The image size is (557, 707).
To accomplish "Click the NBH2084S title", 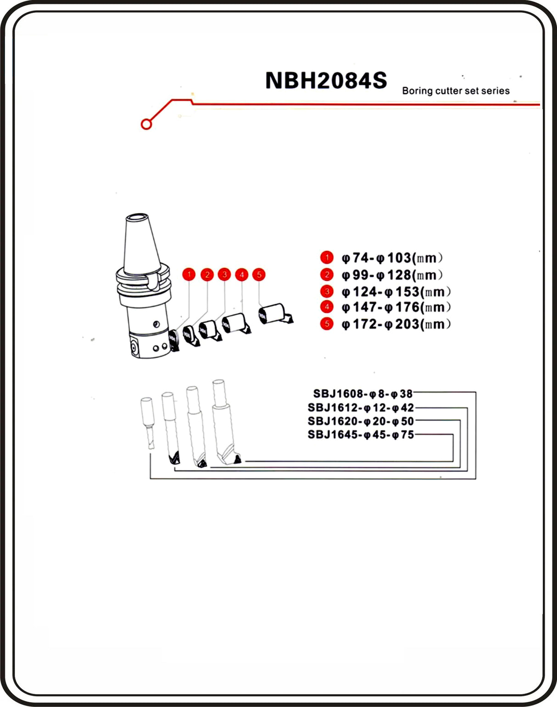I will tap(326, 81).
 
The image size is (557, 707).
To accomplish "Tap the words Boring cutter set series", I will tap(456, 91).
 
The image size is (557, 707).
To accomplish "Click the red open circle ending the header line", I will tap(146, 124).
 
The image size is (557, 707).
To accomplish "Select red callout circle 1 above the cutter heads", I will tap(189, 274).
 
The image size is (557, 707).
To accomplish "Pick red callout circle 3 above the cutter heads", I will tap(224, 274).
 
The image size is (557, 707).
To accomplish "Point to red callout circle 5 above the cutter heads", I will tap(259, 274).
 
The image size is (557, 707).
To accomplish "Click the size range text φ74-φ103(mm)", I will tap(392, 258).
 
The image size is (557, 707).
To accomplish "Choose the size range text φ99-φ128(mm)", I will tap(392, 275).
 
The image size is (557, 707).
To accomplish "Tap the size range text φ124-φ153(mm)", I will tap(396, 292).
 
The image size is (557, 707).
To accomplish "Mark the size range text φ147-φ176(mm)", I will tap(396, 307).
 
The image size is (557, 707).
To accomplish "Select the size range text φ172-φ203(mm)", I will tap(396, 324).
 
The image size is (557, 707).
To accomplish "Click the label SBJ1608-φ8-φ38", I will tap(363, 394).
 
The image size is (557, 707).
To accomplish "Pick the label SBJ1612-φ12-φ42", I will tap(361, 407).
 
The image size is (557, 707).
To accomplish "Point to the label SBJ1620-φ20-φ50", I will tap(361, 421).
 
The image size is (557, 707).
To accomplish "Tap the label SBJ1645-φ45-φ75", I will tap(361, 434).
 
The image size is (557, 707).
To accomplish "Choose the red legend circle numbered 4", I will tap(327, 307).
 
